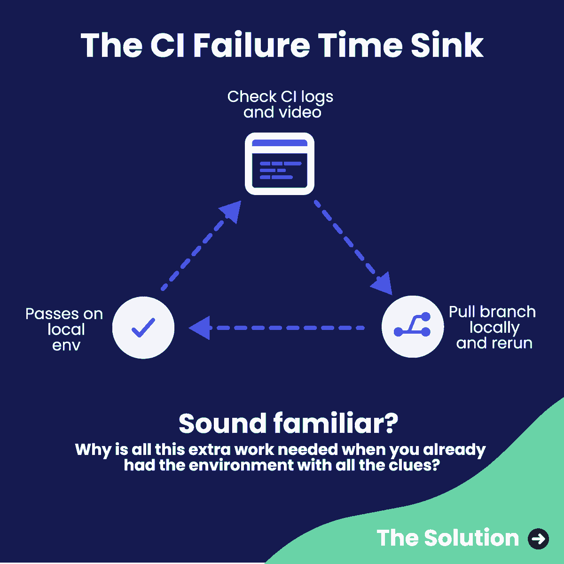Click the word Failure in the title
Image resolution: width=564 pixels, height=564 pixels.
251,46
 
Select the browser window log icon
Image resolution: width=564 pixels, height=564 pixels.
280,164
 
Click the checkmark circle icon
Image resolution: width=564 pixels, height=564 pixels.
143,328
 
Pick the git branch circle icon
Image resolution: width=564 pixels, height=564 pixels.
412,327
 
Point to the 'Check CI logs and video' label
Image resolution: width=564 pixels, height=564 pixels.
281,104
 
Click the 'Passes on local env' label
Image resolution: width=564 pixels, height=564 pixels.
65,329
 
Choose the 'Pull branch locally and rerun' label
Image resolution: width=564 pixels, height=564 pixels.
493,327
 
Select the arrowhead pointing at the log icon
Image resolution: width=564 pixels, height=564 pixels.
232,211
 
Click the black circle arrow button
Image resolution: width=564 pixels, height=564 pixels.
538,539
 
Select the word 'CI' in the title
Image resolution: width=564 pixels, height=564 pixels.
168,46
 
